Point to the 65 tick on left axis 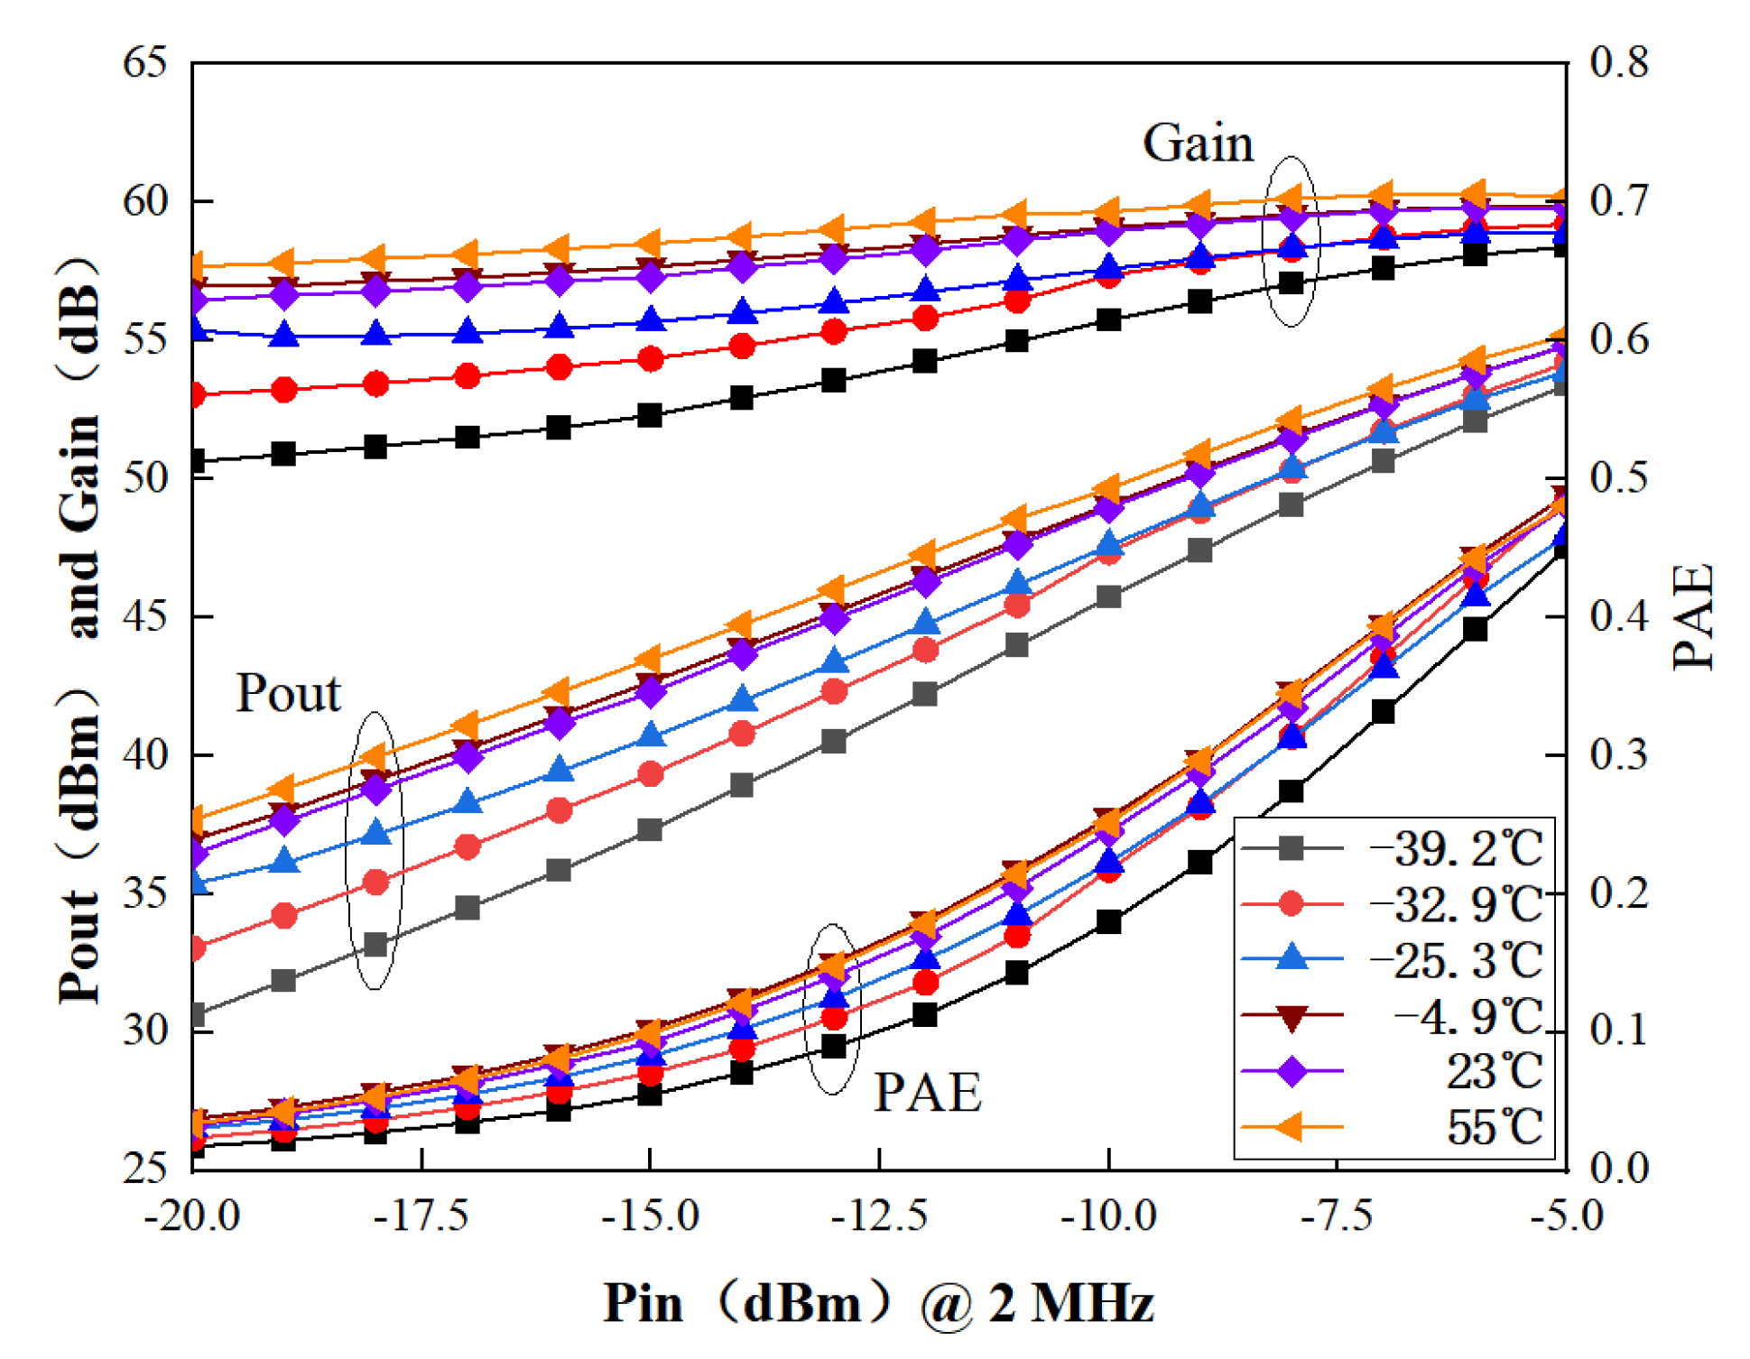145,63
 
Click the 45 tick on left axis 145,617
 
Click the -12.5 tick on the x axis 879,1216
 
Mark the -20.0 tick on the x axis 192,1216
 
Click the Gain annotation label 1198,143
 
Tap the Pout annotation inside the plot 288,694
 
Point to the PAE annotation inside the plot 927,1093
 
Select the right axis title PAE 1694,617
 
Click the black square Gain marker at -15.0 650,416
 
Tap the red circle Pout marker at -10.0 1109,552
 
